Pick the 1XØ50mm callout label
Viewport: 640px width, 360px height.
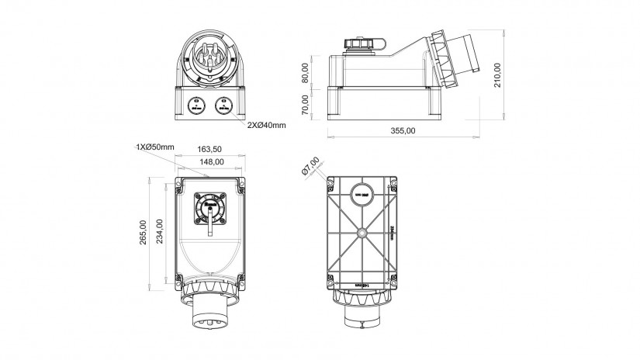point(155,147)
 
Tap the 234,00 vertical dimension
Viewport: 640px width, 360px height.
point(160,231)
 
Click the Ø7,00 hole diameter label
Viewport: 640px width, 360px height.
point(310,165)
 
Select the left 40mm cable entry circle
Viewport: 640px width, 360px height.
point(196,104)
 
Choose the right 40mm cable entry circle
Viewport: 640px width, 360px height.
point(224,104)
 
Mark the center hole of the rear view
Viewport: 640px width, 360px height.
point(362,232)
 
